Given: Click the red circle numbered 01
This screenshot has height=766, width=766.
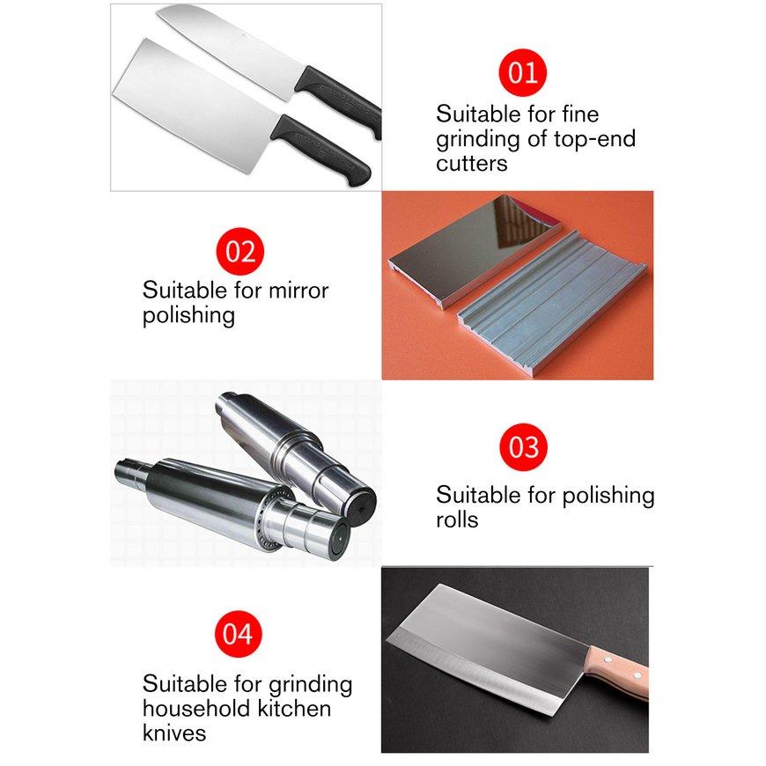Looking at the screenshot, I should (x=523, y=73).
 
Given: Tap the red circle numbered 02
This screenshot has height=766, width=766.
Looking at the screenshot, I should (x=239, y=251).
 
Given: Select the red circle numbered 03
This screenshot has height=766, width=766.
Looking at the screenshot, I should (x=523, y=447).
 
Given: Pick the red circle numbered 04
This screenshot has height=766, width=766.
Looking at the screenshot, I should (x=238, y=634).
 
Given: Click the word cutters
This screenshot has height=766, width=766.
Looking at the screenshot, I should (x=471, y=164).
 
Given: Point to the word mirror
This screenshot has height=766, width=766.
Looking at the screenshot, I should (x=291, y=291).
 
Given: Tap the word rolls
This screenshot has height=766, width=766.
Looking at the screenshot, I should (x=457, y=519).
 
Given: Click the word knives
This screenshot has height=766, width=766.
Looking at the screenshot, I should (x=174, y=733).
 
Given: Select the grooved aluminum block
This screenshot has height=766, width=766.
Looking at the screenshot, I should (x=550, y=304).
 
